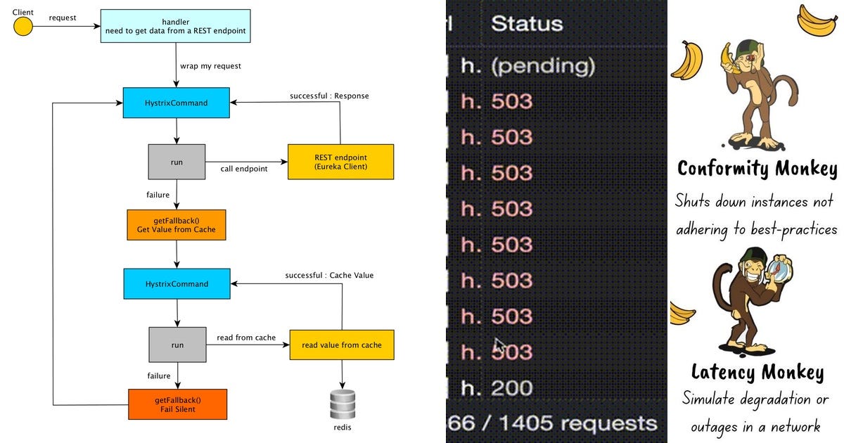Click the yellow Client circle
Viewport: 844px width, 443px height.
[x=23, y=27]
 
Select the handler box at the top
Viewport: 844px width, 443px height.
[x=175, y=26]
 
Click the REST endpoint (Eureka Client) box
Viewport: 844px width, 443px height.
[x=340, y=162]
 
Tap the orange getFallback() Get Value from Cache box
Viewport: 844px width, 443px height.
[x=177, y=225]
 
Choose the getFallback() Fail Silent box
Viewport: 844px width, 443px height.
[x=177, y=404]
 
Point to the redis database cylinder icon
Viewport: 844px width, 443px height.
[x=343, y=405]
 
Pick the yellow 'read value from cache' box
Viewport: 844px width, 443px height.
[x=342, y=345]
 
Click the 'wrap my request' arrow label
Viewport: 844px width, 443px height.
[x=210, y=66]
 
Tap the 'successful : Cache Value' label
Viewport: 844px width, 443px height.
[x=329, y=275]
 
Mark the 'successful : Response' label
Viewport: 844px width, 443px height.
[x=329, y=96]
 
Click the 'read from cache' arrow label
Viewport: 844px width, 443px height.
[x=246, y=338]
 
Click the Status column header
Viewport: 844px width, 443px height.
[x=527, y=23]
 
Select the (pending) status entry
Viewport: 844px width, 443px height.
[x=542, y=66]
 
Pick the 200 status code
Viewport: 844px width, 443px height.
[x=512, y=387]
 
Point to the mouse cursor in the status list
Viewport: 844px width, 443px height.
[x=499, y=346]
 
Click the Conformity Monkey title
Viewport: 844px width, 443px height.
[x=757, y=169]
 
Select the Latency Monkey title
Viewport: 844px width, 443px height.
[x=757, y=371]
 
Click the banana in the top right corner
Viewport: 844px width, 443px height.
[x=817, y=19]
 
